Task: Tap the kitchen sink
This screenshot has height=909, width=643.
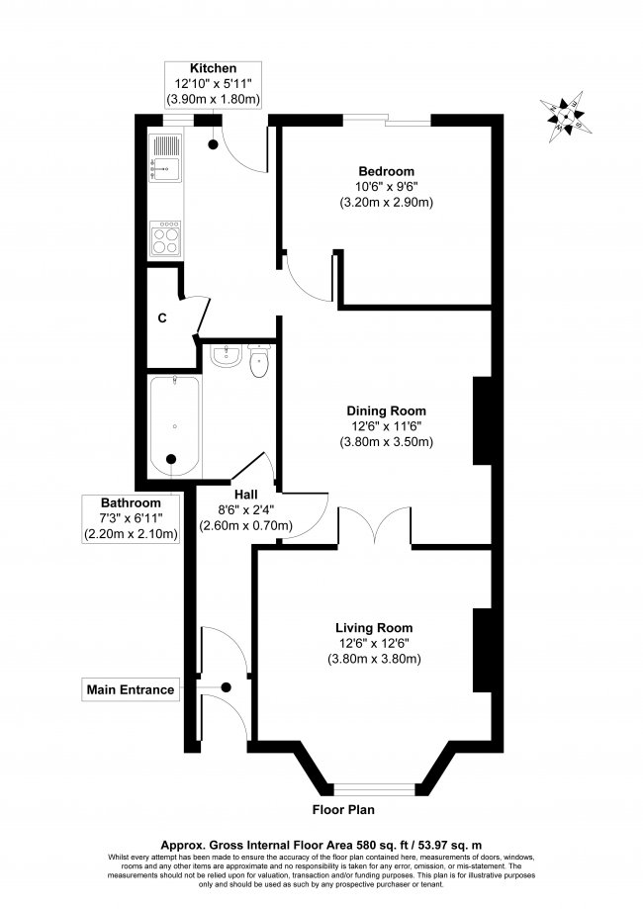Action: [x=164, y=158]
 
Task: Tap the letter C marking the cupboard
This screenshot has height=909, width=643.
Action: [x=160, y=319]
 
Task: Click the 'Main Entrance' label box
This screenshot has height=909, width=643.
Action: [x=131, y=689]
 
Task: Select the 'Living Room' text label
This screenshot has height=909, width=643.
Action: [x=374, y=627]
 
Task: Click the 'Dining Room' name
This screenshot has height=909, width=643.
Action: [x=386, y=410]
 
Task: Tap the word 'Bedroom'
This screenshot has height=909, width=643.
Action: [x=386, y=171]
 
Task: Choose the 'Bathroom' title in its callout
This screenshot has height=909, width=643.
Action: [x=130, y=502]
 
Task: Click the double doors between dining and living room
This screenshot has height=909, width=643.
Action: [x=375, y=524]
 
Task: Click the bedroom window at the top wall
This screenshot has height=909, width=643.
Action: [x=387, y=122]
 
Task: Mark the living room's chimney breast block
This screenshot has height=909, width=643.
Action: [x=484, y=650]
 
